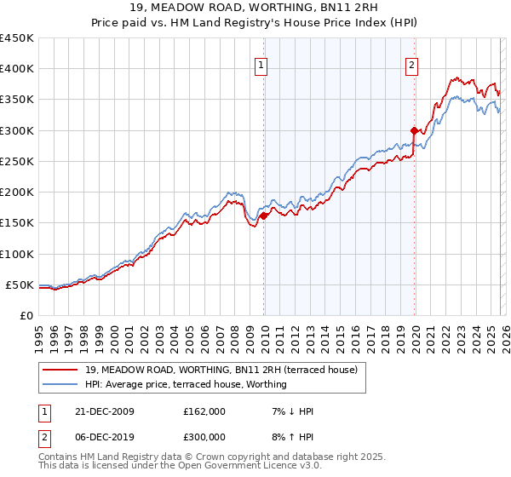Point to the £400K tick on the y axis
17,69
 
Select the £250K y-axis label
17,161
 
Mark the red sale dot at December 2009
264,216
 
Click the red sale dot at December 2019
415,130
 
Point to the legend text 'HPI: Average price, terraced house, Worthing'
186,384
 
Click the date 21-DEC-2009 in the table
98,411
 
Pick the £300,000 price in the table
204,436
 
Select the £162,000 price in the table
204,411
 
